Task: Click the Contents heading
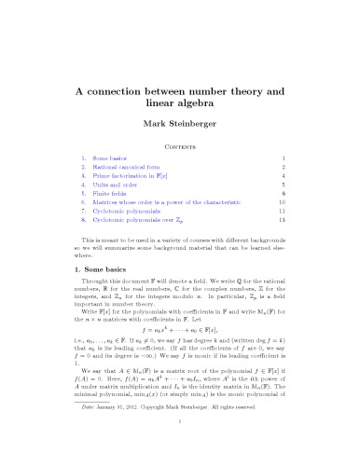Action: click(x=180, y=147)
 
